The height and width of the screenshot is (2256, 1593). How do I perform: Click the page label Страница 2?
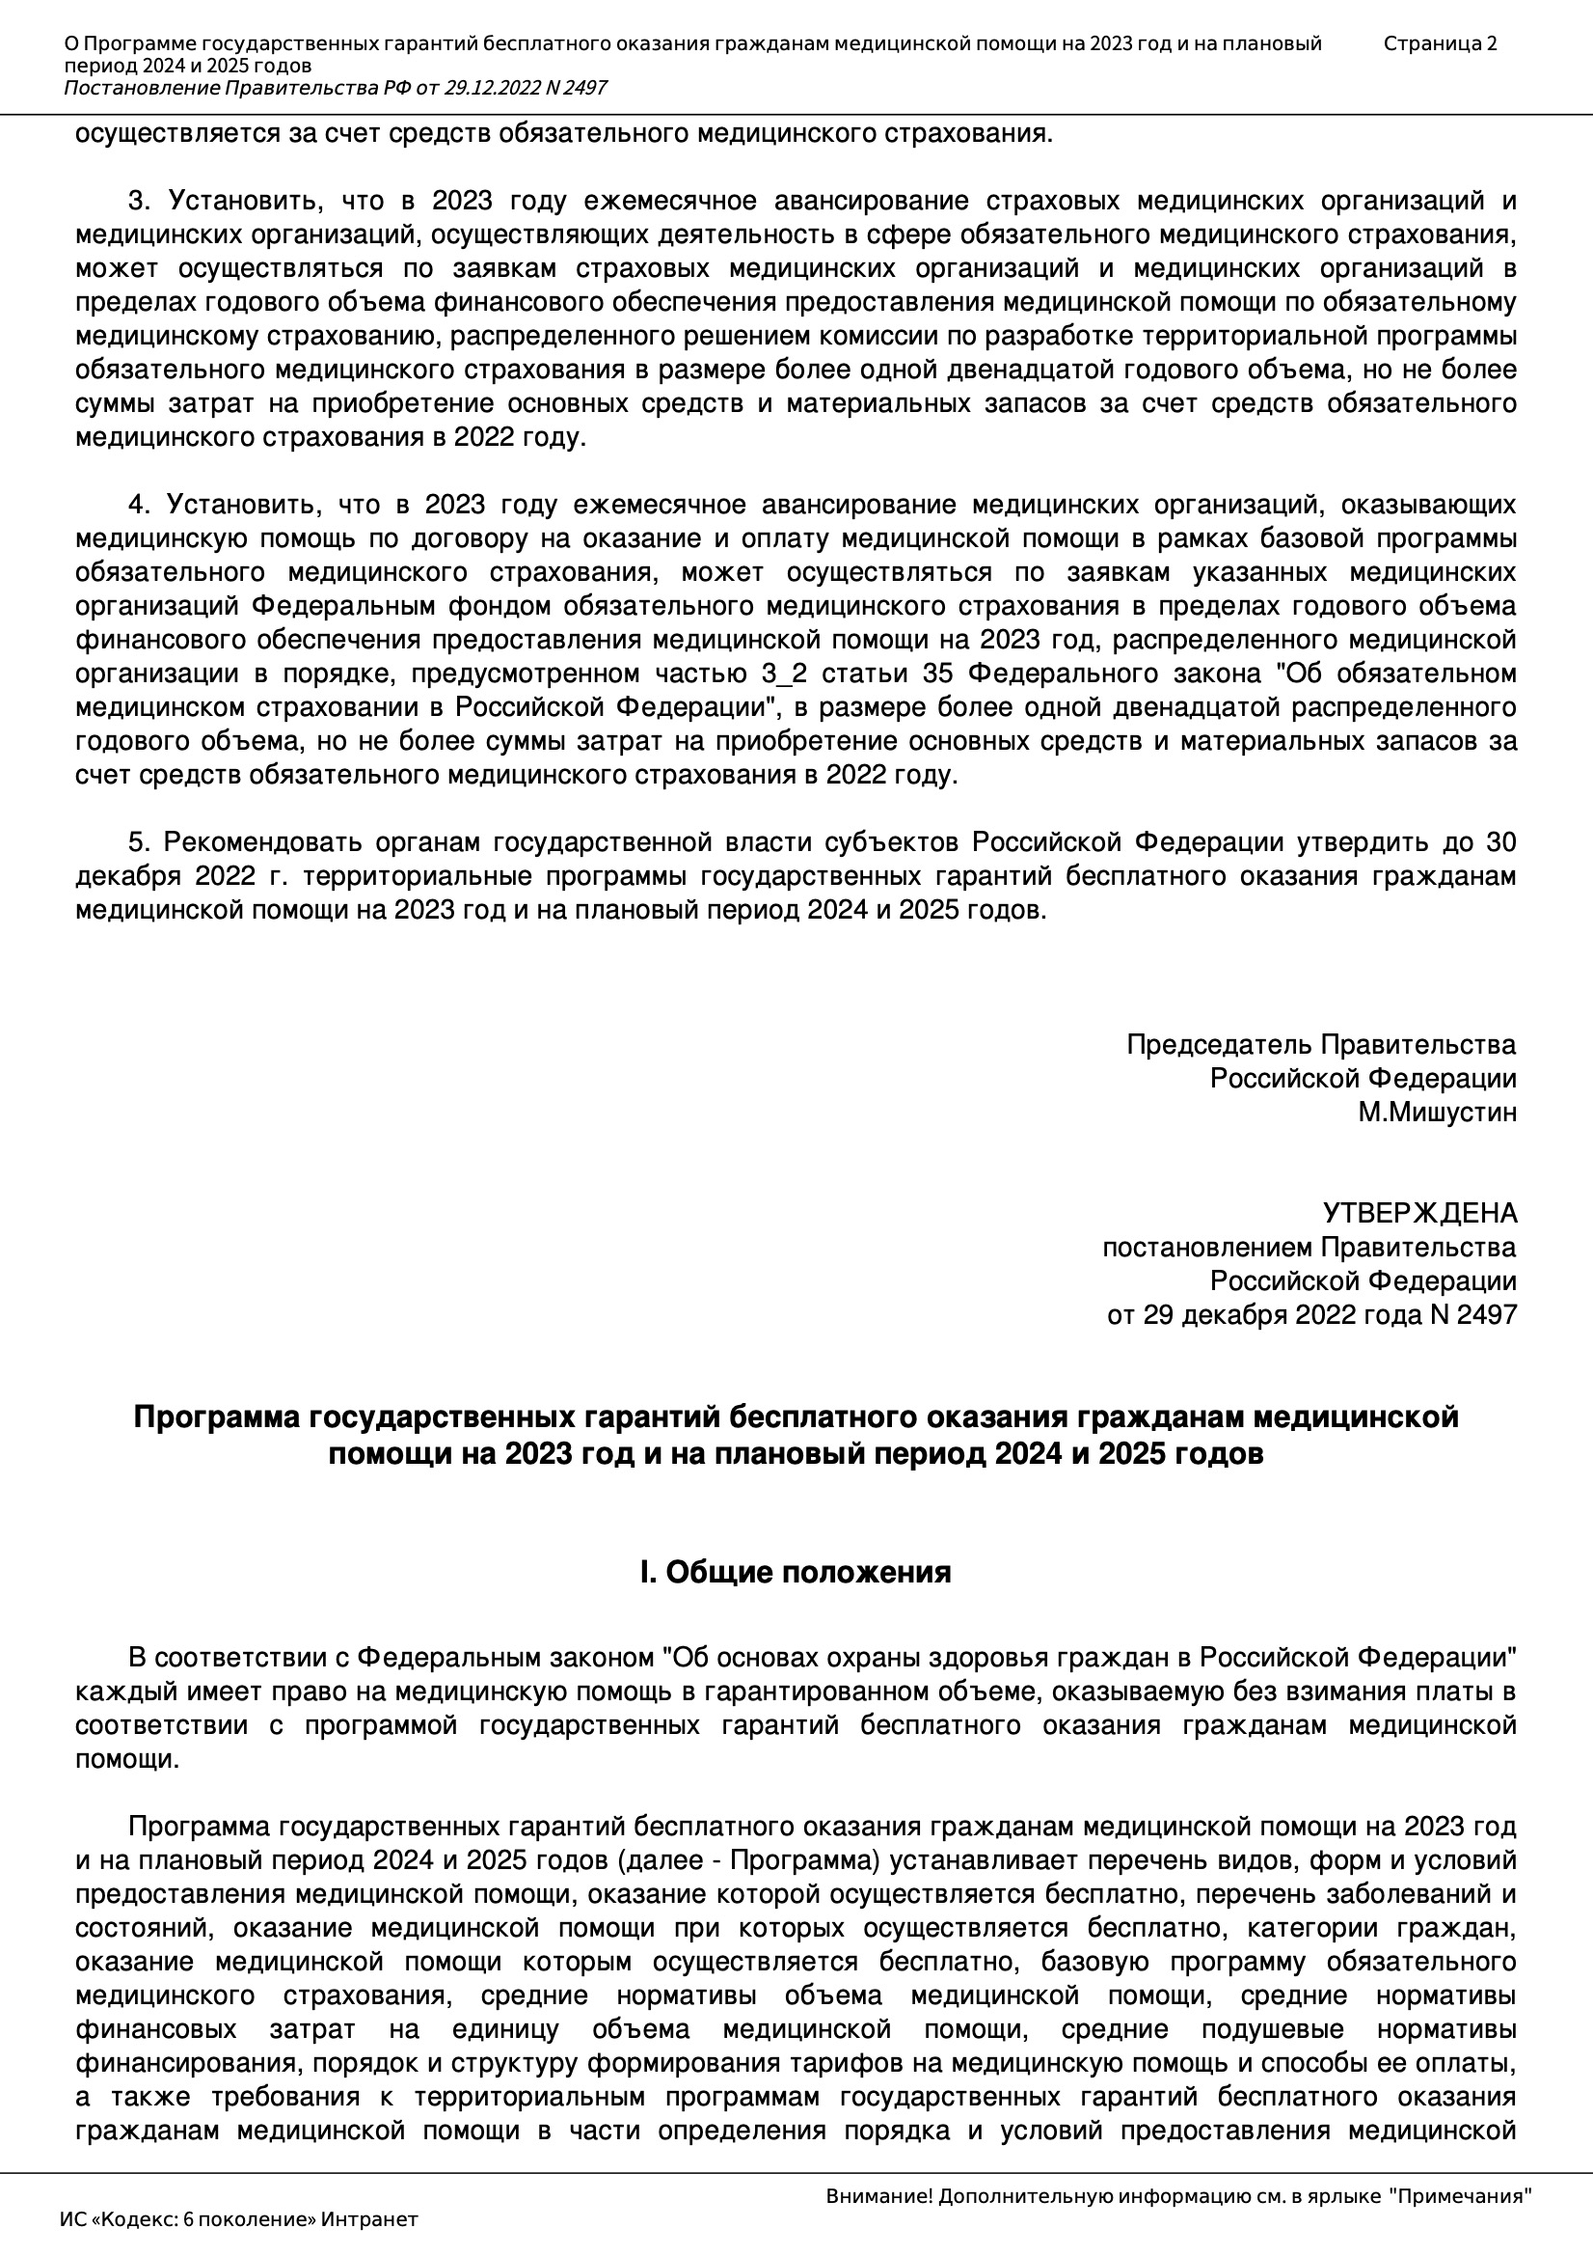click(x=1440, y=43)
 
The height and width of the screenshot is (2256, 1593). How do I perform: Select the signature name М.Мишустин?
click(x=1437, y=1113)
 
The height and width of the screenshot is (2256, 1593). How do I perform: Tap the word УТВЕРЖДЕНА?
click(x=1419, y=1214)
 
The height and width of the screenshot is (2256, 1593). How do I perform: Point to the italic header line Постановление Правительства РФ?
click(x=335, y=89)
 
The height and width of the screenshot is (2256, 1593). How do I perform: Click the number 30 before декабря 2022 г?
click(x=1500, y=843)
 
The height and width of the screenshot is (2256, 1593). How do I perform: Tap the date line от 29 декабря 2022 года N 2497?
click(x=1311, y=1314)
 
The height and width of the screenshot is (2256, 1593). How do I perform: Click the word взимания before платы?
click(x=1341, y=1692)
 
